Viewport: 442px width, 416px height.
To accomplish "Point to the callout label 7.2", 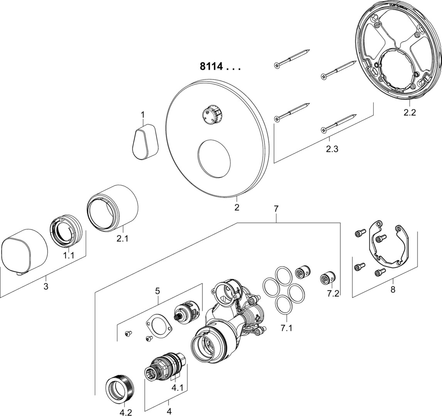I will click(333, 294).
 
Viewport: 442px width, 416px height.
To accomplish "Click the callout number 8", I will click(393, 290).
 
